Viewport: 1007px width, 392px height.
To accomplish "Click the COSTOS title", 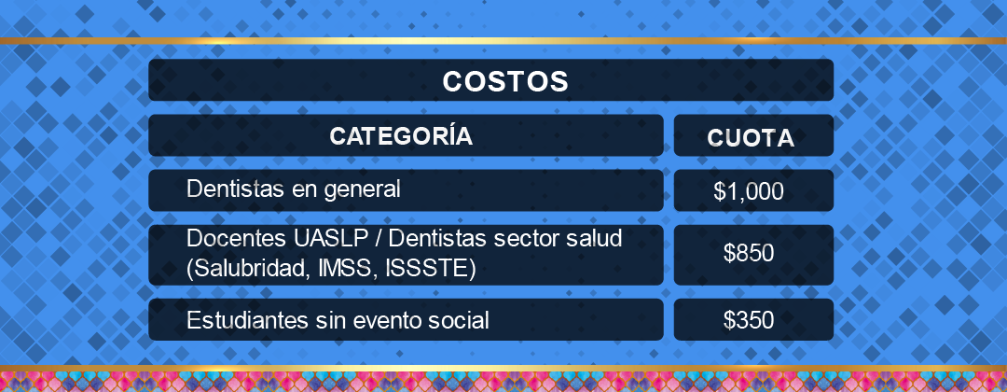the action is (505, 81).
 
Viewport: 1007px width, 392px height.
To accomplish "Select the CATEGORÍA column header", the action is (401, 135).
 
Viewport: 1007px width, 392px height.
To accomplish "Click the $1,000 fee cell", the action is (749, 191).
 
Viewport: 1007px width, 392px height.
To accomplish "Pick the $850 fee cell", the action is (749, 253).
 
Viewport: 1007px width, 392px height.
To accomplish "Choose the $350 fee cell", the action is (749, 319).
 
